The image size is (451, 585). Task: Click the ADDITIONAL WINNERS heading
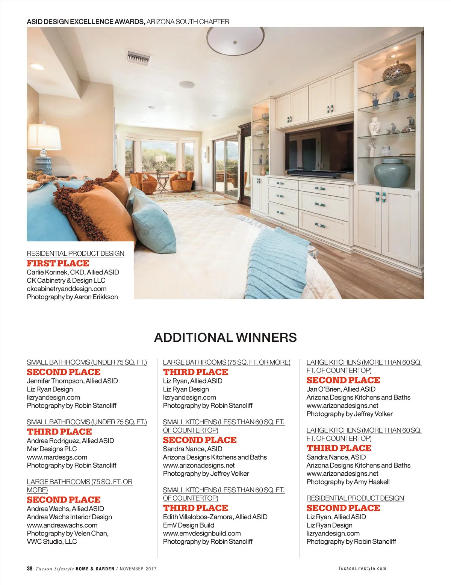225,337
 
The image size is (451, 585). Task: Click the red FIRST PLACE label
58,263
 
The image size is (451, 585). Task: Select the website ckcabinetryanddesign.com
67,289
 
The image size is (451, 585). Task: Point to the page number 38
30,568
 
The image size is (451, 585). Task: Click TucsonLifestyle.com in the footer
362,568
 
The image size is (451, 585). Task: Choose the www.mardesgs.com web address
57,457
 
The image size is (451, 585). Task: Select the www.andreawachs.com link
62,525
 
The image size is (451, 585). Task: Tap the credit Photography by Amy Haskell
348,482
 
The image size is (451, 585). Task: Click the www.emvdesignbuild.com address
202,533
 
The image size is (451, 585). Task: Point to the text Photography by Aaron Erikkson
72,297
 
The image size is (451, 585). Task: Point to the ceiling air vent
139,57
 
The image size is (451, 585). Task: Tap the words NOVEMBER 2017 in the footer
138,569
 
